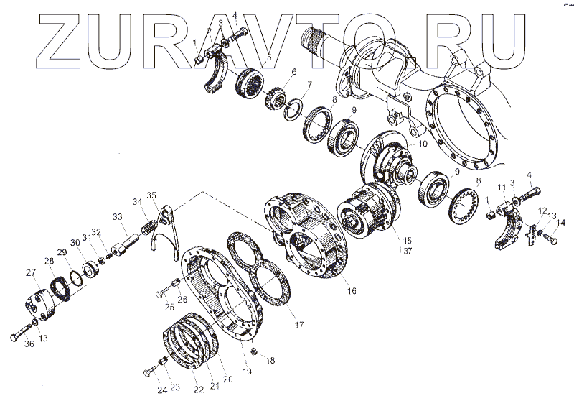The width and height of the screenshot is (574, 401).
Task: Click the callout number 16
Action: tap(352, 292)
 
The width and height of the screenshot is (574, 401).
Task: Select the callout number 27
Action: tap(30, 272)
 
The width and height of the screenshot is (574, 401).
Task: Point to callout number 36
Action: tap(29, 345)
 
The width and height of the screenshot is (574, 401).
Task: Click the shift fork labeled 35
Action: tap(163, 223)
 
